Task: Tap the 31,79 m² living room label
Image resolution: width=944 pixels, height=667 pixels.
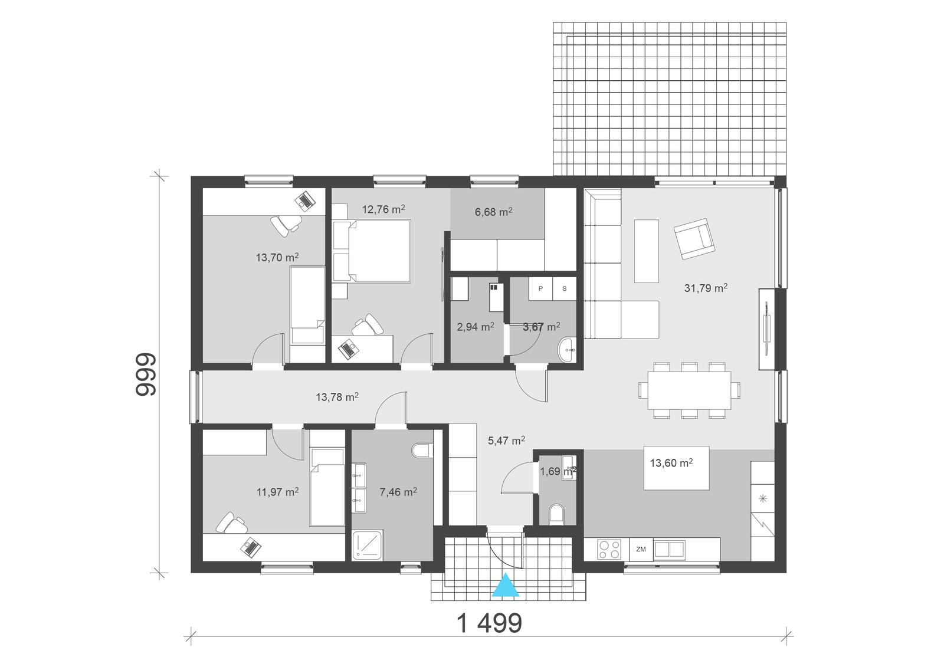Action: pos(705,288)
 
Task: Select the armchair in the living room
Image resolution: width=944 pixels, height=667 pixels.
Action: pos(694,239)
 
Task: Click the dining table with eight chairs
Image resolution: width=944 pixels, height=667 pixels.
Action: pos(689,390)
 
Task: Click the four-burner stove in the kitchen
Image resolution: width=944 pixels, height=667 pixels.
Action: pos(609,550)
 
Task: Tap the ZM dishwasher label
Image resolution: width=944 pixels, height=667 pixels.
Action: pos(641,550)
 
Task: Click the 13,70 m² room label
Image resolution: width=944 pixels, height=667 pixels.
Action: pos(277,258)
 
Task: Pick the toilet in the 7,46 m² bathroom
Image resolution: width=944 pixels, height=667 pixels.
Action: pos(421,451)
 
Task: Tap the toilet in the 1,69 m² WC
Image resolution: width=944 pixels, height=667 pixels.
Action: pos(556,515)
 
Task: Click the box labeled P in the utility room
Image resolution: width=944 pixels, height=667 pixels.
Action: pos(540,289)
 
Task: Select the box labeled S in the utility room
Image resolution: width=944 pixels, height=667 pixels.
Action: pos(564,289)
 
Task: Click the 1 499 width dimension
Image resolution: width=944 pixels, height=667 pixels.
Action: pos(490,623)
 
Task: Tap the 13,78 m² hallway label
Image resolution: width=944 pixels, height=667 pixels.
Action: pos(337,397)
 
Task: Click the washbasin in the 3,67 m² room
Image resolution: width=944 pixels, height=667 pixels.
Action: pos(568,349)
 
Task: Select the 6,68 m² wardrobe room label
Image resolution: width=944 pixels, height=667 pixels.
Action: pos(493,212)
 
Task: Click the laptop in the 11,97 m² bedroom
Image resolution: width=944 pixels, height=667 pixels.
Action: pos(250,547)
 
